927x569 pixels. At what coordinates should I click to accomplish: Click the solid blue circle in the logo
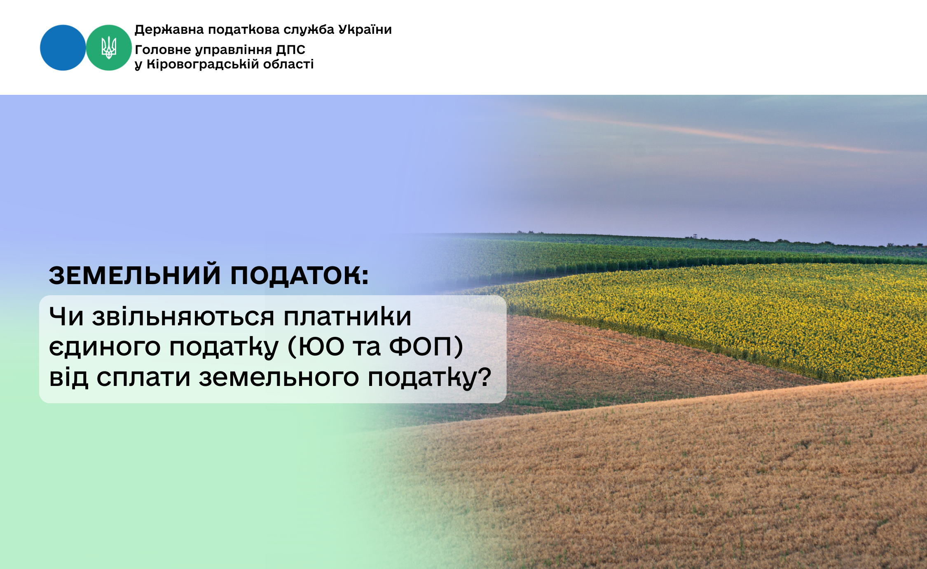63,48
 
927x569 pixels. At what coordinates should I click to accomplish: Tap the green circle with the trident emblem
109,48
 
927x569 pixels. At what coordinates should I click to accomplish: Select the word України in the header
365,30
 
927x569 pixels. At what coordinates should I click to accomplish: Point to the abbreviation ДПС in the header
291,50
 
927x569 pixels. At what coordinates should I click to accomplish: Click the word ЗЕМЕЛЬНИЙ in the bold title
135,275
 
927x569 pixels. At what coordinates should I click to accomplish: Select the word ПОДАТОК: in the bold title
300,275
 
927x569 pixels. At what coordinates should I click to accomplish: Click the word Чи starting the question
66,316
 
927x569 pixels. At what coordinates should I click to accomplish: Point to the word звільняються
183,317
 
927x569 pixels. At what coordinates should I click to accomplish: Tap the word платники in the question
348,316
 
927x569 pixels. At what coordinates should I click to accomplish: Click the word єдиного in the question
105,347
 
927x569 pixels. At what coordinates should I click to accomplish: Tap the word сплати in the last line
143,377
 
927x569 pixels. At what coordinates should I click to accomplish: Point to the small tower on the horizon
695,236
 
